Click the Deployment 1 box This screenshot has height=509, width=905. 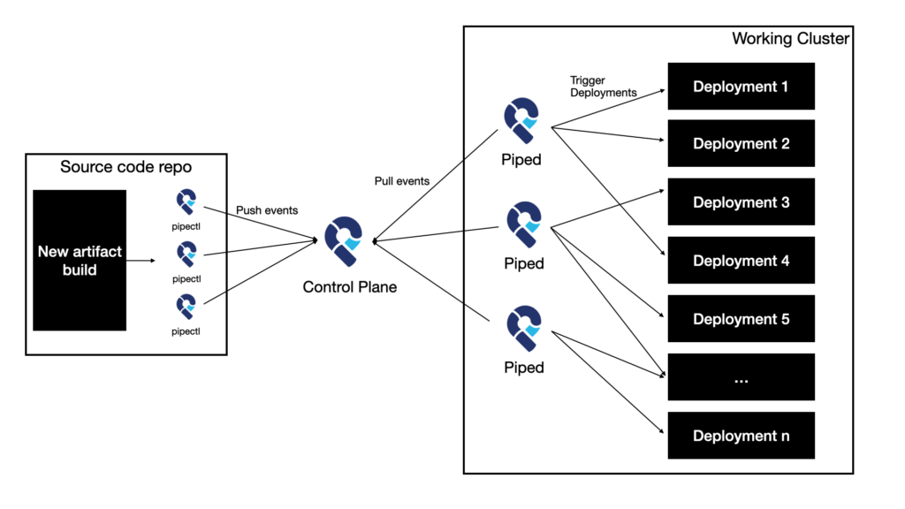[x=741, y=87]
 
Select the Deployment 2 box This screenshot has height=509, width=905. [x=741, y=144]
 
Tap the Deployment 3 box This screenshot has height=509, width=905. [x=741, y=202]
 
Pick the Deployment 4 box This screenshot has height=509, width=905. [x=741, y=261]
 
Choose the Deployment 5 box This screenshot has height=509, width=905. [x=741, y=319]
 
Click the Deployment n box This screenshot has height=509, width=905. [x=741, y=436]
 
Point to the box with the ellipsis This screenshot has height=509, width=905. [x=741, y=377]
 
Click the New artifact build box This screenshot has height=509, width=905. [x=80, y=260]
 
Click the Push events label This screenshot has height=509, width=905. [x=267, y=211]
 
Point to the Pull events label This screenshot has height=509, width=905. [x=402, y=181]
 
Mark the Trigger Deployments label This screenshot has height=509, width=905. [x=602, y=87]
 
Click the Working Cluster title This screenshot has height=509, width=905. [x=791, y=39]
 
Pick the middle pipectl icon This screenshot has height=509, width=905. [x=186, y=254]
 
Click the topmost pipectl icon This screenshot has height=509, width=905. [x=186, y=202]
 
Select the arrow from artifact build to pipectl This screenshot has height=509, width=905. [x=141, y=261]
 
